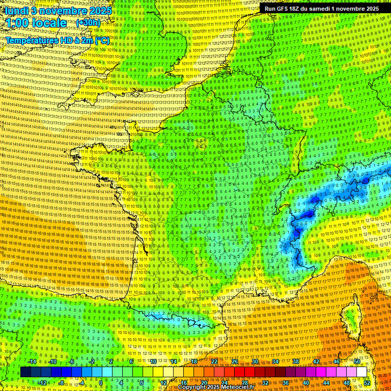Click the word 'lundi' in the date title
(16, 10)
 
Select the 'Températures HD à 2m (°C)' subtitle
(57, 40)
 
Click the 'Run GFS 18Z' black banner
(320, 9)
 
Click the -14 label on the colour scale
(32, 361)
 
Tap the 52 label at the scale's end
(367, 382)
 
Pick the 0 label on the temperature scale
(101, 382)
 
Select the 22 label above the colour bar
(214, 361)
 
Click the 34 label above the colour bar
(275, 361)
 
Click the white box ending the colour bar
(361, 372)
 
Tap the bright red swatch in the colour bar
(239, 372)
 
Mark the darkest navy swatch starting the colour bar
(25, 372)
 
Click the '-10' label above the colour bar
(52, 361)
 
